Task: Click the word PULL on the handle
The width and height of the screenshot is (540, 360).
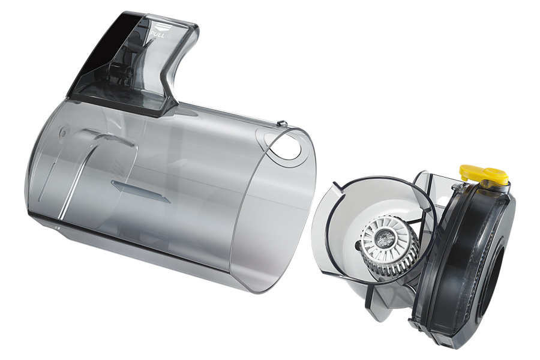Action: [158, 35]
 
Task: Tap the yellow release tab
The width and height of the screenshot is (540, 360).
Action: [483, 173]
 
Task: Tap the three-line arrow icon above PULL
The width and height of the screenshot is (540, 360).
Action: [160, 27]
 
